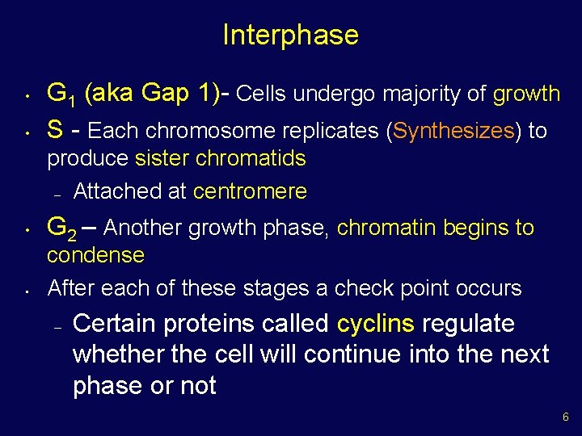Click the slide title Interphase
point(290,35)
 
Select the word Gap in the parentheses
point(167,94)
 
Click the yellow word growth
point(526,94)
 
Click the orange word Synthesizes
point(453,131)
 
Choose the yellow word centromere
point(250,191)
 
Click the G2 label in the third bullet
point(61,228)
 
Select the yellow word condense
point(95,256)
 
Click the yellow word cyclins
point(375,324)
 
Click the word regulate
point(468,324)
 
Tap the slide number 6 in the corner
point(565,417)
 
